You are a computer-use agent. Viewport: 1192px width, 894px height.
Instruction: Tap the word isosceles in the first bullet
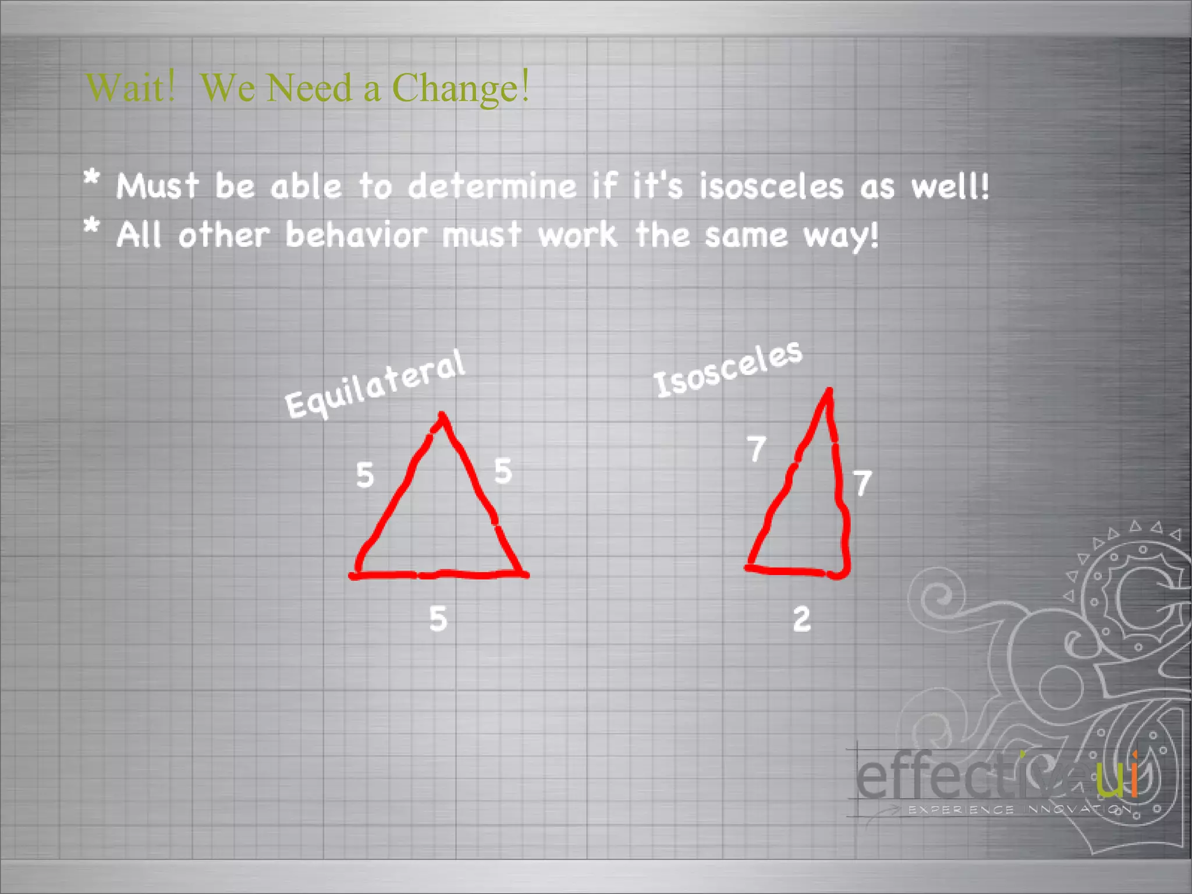[771, 187]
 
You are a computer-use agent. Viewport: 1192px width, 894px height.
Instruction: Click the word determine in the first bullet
[492, 186]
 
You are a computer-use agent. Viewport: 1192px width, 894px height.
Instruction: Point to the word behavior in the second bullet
[356, 236]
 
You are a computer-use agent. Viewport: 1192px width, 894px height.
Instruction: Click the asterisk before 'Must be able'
[91, 178]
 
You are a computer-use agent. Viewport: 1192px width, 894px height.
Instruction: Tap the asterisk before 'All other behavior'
[91, 226]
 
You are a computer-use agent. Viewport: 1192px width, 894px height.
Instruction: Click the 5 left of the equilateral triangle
[365, 475]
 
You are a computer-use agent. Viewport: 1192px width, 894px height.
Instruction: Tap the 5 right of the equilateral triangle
[503, 470]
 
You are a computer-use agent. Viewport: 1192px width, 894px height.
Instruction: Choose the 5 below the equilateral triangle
[438, 618]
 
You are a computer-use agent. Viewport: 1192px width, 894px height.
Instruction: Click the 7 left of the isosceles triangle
[756, 449]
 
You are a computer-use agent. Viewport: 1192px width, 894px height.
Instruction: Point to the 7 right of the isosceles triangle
[862, 483]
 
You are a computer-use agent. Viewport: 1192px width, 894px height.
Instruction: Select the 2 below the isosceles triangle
[801, 619]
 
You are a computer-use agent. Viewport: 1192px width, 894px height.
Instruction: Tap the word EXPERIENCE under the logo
[961, 810]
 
